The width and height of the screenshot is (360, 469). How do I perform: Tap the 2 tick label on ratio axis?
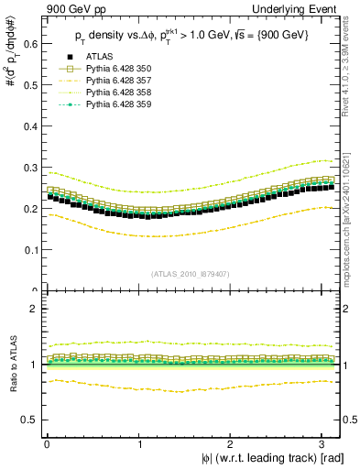pos(31,309)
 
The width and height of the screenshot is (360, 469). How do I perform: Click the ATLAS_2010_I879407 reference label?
pos(191,272)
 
